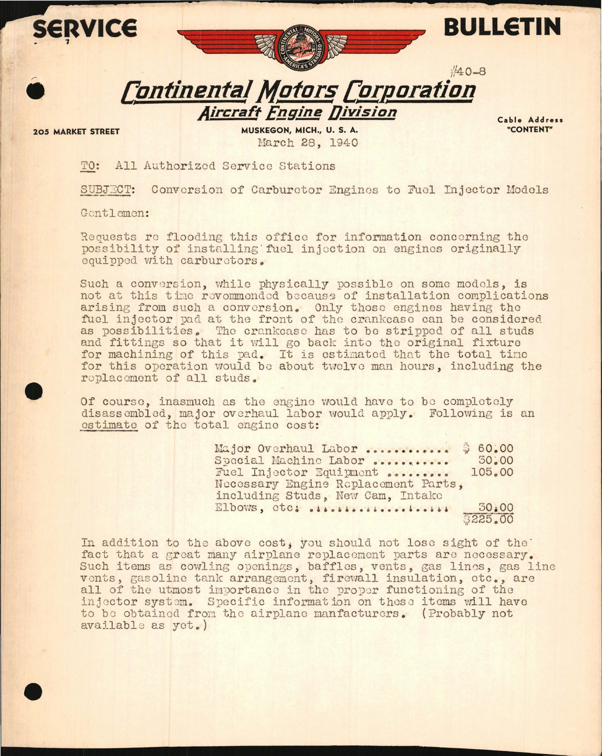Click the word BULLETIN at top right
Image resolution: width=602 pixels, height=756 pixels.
[502, 27]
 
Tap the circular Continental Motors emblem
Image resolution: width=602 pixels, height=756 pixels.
[301, 47]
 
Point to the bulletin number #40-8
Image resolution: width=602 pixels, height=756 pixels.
[468, 72]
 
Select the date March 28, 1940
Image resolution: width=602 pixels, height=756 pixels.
[308, 142]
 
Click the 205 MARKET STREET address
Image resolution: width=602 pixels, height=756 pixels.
[76, 131]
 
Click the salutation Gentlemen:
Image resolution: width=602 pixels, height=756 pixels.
[115, 213]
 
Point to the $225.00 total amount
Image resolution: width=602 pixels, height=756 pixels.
[488, 519]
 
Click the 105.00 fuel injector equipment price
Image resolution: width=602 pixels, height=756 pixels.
[492, 472]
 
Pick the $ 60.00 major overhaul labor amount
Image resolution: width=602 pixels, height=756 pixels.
[488, 449]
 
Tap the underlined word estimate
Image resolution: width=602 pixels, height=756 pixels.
[109, 425]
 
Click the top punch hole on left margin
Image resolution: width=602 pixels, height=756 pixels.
[35, 90]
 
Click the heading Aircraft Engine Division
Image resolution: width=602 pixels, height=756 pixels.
[298, 112]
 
